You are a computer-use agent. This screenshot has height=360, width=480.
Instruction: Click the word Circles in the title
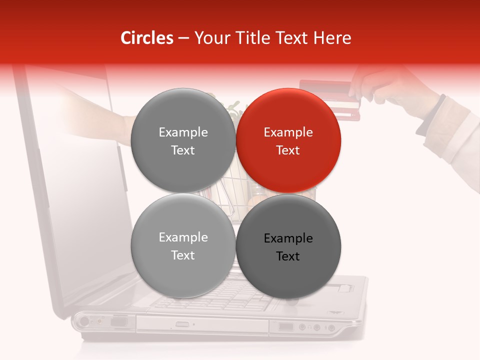[x=146, y=38]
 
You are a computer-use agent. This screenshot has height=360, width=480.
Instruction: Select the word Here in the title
[x=333, y=38]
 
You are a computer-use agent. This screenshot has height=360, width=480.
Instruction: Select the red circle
[x=288, y=140]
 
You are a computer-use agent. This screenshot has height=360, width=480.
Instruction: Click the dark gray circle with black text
[x=288, y=246]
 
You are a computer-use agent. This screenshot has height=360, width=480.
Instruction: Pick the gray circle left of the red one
[x=183, y=140]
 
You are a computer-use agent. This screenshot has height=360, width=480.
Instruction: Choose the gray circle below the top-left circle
[x=183, y=245]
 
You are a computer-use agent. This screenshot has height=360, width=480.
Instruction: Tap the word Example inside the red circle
[x=288, y=132]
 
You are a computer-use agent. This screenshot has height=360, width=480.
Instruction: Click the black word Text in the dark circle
[x=288, y=256]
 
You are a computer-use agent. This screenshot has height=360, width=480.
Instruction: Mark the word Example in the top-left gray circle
[x=183, y=132]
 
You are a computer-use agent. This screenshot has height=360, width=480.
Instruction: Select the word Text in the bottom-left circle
[x=183, y=255]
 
